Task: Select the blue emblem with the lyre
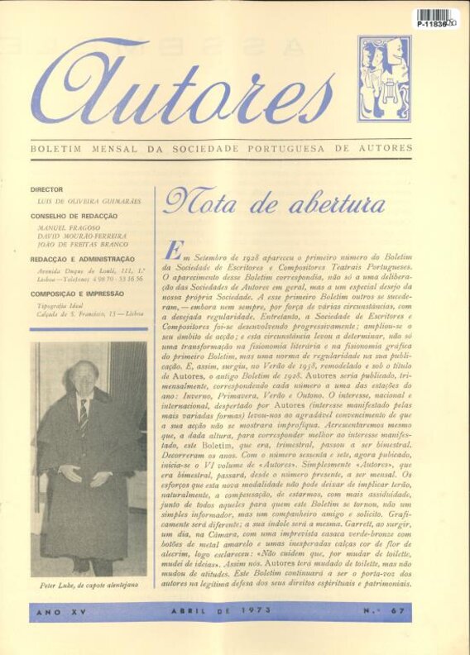click(x=384, y=79)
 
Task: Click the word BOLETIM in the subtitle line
click(x=56, y=149)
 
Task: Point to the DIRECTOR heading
click(x=47, y=189)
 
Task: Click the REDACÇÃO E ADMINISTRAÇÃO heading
click(x=83, y=260)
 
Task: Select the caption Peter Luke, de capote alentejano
click(x=89, y=584)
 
